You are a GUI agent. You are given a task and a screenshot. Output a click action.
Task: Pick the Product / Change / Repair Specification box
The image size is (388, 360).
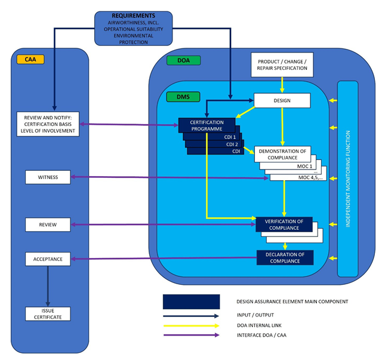pos(282,64)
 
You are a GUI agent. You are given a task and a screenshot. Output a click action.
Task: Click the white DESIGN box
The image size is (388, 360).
pos(282,100)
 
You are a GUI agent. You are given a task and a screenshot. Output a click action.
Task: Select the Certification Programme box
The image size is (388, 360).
pos(206,125)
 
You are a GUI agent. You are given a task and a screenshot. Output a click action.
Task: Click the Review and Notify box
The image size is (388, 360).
pos(48,124)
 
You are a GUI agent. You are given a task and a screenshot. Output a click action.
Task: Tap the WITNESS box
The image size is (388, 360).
pos(48,177)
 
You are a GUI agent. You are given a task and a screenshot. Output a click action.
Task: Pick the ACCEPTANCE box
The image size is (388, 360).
pos(48,259)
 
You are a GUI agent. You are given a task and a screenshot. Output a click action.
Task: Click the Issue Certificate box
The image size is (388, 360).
pos(48,313)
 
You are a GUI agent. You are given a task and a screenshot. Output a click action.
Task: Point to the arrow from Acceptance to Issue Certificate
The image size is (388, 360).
pos(48,286)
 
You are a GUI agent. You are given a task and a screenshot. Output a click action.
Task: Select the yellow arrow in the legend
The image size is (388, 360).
pos(190,325)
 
